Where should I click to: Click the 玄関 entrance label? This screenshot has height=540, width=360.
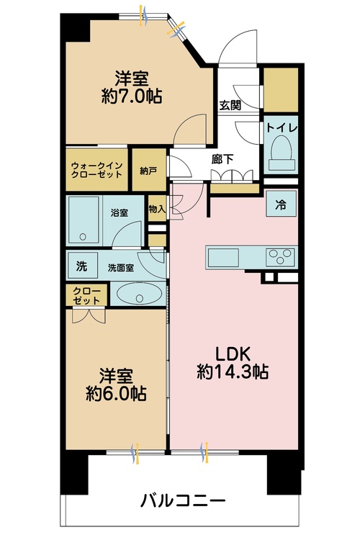pos(230,105)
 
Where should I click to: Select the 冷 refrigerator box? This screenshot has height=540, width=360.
pos(281,203)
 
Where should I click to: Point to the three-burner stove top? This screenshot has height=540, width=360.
pos(281,257)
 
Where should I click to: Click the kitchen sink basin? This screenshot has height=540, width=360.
pos(223,258)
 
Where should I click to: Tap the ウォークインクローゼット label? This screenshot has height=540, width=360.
pos(96,170)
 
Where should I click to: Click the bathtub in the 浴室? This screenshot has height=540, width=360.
pos(84,220)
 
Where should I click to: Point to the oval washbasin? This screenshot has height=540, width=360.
pos(139,294)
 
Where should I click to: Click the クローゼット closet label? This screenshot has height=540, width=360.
pos(87,295)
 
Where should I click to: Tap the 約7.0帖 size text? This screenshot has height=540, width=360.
pos(132,96)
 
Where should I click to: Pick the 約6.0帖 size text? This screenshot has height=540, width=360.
pos(116,393)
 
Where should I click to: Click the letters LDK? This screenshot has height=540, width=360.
pos(233,354)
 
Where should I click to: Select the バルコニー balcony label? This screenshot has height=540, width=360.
pos(183,500)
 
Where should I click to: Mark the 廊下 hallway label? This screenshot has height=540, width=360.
pos(222,159)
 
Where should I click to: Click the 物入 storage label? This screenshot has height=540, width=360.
pos(157,208)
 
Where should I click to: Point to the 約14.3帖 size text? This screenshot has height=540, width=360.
pos(233,372)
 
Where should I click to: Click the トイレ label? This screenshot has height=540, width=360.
pos(282,127)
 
